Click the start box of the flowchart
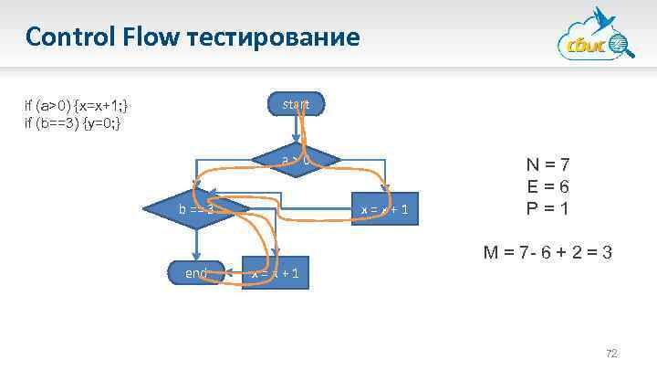pos(295,104)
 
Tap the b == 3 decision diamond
pos(196,210)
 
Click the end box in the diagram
pos(196,272)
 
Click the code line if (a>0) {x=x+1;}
pos(82,105)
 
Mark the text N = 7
pos(548,165)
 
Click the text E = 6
pos(548,186)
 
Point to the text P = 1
pos(548,207)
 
